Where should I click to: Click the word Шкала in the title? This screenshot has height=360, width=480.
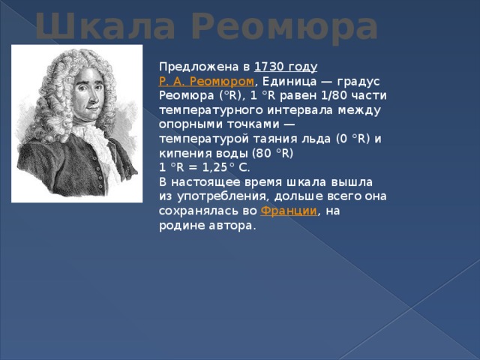coord(106,26)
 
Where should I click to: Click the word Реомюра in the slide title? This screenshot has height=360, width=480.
coord(285,28)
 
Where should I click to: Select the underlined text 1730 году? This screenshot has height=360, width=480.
coord(286,67)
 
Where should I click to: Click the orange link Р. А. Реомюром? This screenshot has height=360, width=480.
coord(206,82)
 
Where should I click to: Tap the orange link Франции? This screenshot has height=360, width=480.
coord(289,211)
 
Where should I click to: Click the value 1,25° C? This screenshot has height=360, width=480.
coord(226,168)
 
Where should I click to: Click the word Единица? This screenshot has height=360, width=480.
coord(289,82)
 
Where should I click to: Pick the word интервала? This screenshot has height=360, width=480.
coord(300,110)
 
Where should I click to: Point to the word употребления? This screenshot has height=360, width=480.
coord(223,196)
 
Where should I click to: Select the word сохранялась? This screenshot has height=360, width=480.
coord(199,211)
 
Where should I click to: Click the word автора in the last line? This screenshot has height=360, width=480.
coord(232,226)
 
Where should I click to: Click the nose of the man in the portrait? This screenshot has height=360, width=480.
coord(92,97)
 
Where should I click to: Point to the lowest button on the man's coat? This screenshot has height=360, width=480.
coord(100,186)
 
